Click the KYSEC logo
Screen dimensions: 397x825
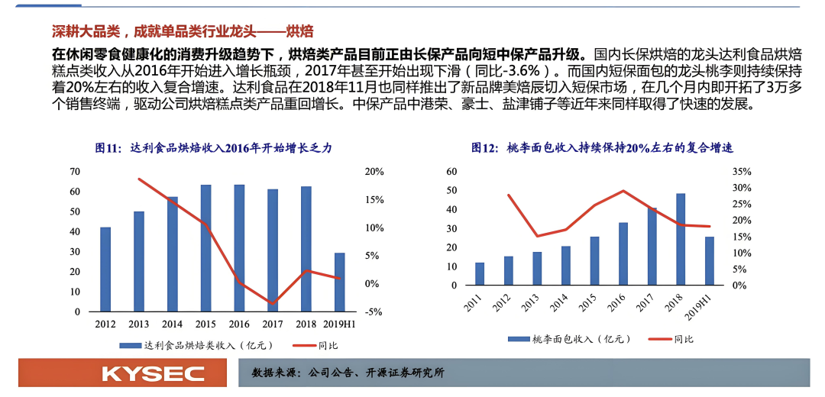pyautogui.click(x=153, y=373)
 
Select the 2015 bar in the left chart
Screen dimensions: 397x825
pyautogui.click(x=206, y=248)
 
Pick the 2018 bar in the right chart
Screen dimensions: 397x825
pyautogui.click(x=681, y=239)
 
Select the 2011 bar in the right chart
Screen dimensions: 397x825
pyautogui.click(x=480, y=273)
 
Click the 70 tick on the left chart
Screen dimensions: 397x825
pyautogui.click(x=75, y=171)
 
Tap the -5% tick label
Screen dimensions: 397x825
pyautogui.click(x=373, y=311)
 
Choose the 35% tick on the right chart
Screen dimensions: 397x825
pyautogui.click(x=742, y=171)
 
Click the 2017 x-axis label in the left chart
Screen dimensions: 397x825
pyautogui.click(x=273, y=324)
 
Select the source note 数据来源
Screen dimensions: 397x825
pyautogui.click(x=348, y=373)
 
